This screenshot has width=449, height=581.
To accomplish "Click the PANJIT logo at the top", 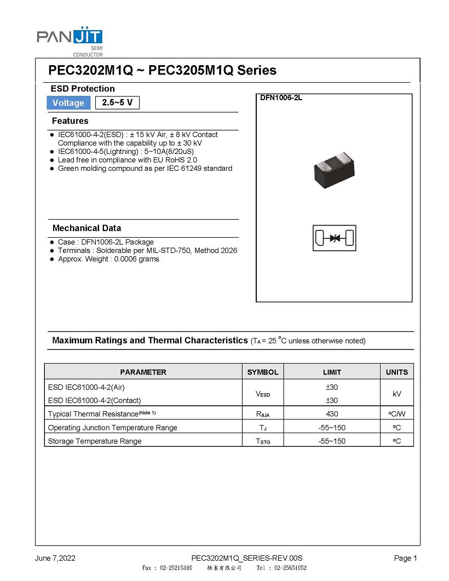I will (70, 37).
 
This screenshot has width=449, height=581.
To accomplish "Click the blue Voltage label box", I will (68, 103).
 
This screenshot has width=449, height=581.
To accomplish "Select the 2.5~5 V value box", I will (117, 102).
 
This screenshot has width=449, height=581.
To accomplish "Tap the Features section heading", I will (70, 121).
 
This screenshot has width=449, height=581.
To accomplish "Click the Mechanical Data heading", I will (87, 228).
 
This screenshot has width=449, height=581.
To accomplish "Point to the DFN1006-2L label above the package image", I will (281, 98).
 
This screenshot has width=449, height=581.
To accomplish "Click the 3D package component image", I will (334, 170).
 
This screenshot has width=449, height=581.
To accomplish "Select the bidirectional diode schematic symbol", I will (334, 239).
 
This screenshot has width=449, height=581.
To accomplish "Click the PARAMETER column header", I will (143, 372).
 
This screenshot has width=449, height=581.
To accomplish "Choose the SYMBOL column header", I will (263, 372).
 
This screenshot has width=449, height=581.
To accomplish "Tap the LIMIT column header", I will (332, 372).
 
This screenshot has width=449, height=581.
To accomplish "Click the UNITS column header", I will (397, 372).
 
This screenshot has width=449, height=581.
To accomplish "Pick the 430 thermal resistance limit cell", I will (332, 414).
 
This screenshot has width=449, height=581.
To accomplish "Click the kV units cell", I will (397, 394).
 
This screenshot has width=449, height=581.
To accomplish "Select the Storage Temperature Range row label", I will (95, 441).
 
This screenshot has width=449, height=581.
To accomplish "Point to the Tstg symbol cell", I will (263, 441).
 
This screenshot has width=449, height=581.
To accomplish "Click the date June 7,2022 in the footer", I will (55, 559).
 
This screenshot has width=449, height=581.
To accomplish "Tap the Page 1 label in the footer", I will (406, 559).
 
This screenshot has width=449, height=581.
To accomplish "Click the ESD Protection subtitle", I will (83, 89).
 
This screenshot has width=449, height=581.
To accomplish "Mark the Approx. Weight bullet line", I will (108, 259).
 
